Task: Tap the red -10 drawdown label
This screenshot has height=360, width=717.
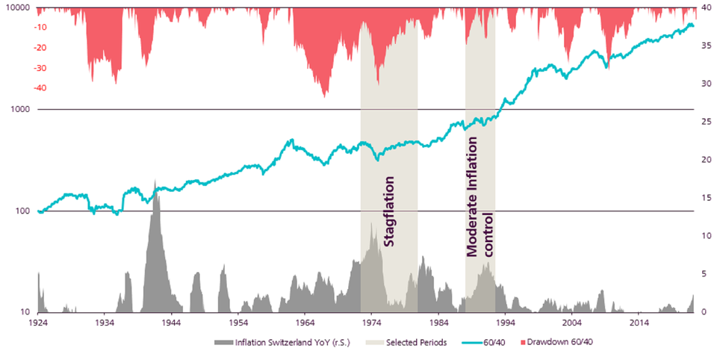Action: point(21,28)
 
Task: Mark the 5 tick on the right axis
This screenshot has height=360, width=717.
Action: point(706,274)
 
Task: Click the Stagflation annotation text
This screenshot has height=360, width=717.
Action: point(388,211)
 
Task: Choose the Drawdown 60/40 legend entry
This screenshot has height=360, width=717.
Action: point(559,342)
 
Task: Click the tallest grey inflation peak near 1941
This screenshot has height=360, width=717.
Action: point(155,184)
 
